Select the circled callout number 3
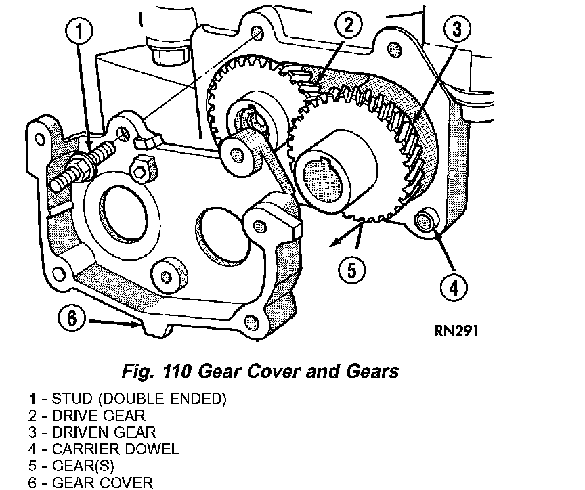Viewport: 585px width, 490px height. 456,30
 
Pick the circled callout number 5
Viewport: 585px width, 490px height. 351,270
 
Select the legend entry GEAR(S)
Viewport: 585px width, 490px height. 71,466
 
